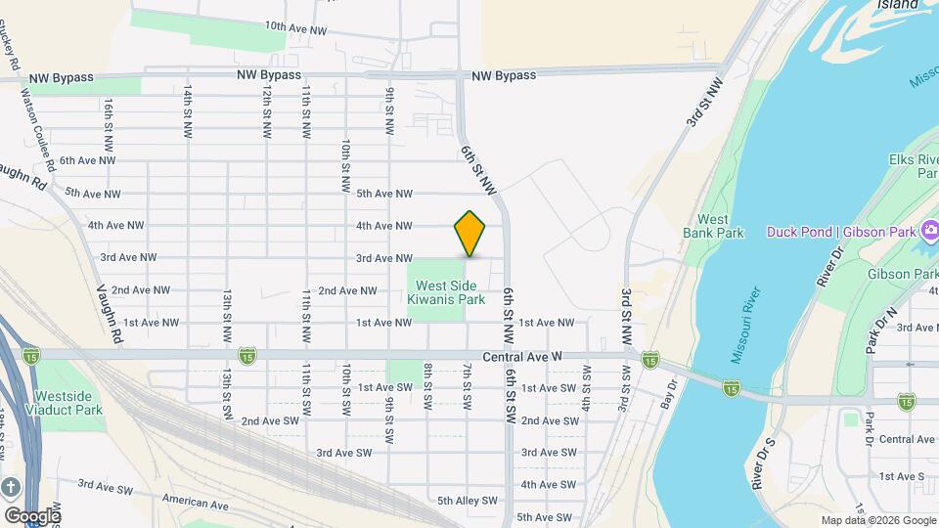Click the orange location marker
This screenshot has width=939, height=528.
(x=470, y=233)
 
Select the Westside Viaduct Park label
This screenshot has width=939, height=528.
(x=68, y=403)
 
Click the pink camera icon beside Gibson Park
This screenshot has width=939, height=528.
(x=930, y=231)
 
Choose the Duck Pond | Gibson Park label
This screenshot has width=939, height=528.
(x=840, y=232)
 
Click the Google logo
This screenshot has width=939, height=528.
(x=32, y=515)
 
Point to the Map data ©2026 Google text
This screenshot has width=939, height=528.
(x=876, y=520)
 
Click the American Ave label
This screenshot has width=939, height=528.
(x=196, y=503)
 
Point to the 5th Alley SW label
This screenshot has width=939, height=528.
(x=468, y=501)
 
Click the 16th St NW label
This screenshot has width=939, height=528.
(x=110, y=118)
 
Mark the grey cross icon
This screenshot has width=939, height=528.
(x=11, y=487)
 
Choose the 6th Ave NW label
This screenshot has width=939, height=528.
(x=87, y=160)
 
